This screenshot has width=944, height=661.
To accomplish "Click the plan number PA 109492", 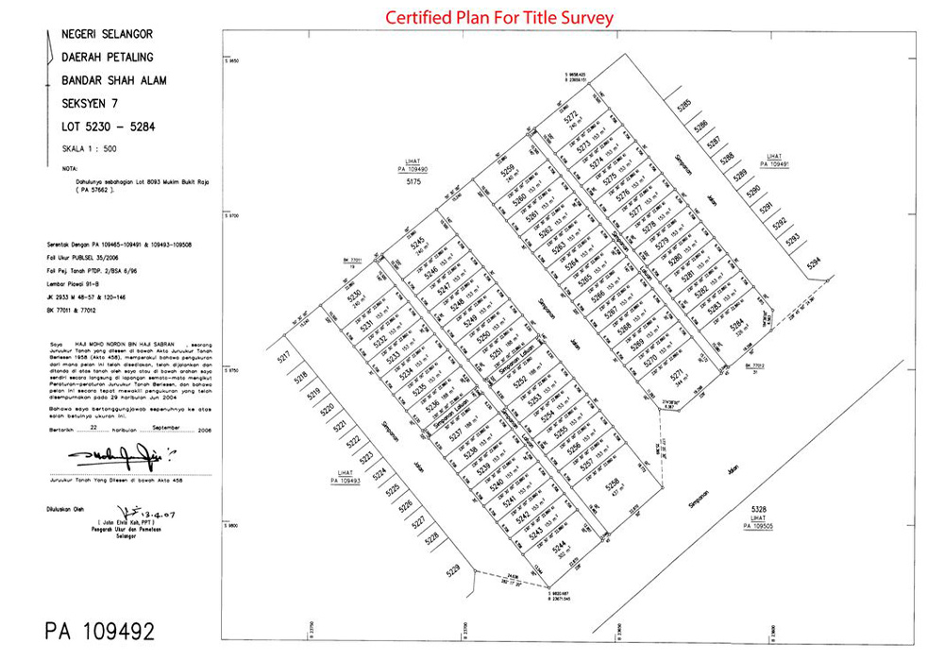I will pyautogui.click(x=99, y=631).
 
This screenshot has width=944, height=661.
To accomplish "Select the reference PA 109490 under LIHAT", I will pyautogui.click(x=413, y=168).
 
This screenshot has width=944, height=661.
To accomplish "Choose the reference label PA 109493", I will pyautogui.click(x=346, y=480).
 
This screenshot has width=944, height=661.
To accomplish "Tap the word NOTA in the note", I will pyautogui.click(x=69, y=170).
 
